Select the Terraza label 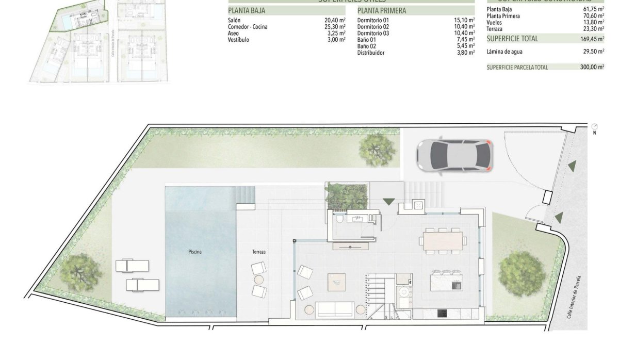(259, 252)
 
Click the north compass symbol (595, 126)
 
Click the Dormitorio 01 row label (373, 21)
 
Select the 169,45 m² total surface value (592, 39)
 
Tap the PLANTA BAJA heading (247, 10)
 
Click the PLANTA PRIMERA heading (382, 10)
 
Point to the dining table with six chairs (444, 240)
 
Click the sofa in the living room (335, 309)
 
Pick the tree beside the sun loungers (78, 272)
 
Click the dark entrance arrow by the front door (388, 202)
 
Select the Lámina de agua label (504, 52)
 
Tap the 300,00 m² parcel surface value (592, 67)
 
